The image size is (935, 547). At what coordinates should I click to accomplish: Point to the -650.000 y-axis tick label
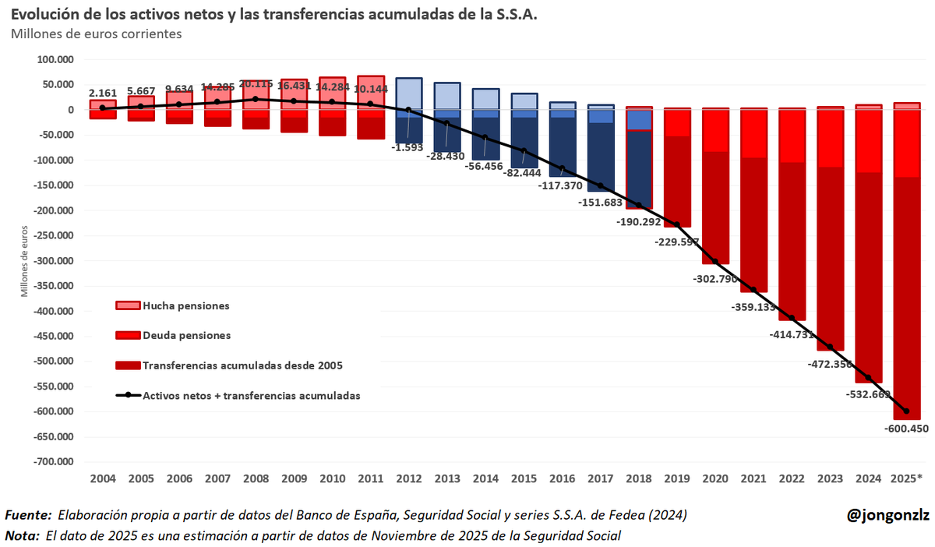click(x=51, y=436)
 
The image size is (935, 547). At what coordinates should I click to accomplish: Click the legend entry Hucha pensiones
click(x=185, y=306)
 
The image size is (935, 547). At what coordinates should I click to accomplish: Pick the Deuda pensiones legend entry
click(x=186, y=335)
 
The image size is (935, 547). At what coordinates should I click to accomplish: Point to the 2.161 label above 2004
click(x=102, y=93)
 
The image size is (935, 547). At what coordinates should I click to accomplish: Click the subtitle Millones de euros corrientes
click(x=96, y=34)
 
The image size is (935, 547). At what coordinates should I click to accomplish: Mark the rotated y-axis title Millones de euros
click(x=25, y=261)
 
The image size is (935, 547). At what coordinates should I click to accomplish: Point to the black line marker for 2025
click(x=906, y=411)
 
